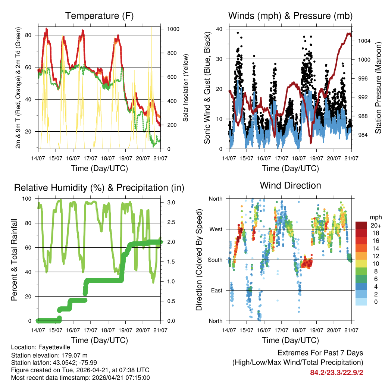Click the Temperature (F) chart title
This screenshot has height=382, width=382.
pos(99,16)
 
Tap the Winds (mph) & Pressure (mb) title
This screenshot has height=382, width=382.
pos(290,16)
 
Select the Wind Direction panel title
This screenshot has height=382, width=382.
pos(290,185)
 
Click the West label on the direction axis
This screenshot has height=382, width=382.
pos(215,229)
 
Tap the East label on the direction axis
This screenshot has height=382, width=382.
pos(216,290)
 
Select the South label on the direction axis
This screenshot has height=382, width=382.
pos(215,260)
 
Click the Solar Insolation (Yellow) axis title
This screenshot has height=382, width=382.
pos(185,88)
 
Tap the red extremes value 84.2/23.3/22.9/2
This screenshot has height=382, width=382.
pos(336,372)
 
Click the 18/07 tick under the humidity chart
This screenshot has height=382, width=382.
pos(108,330)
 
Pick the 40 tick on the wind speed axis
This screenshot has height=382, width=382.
pos(220,29)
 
